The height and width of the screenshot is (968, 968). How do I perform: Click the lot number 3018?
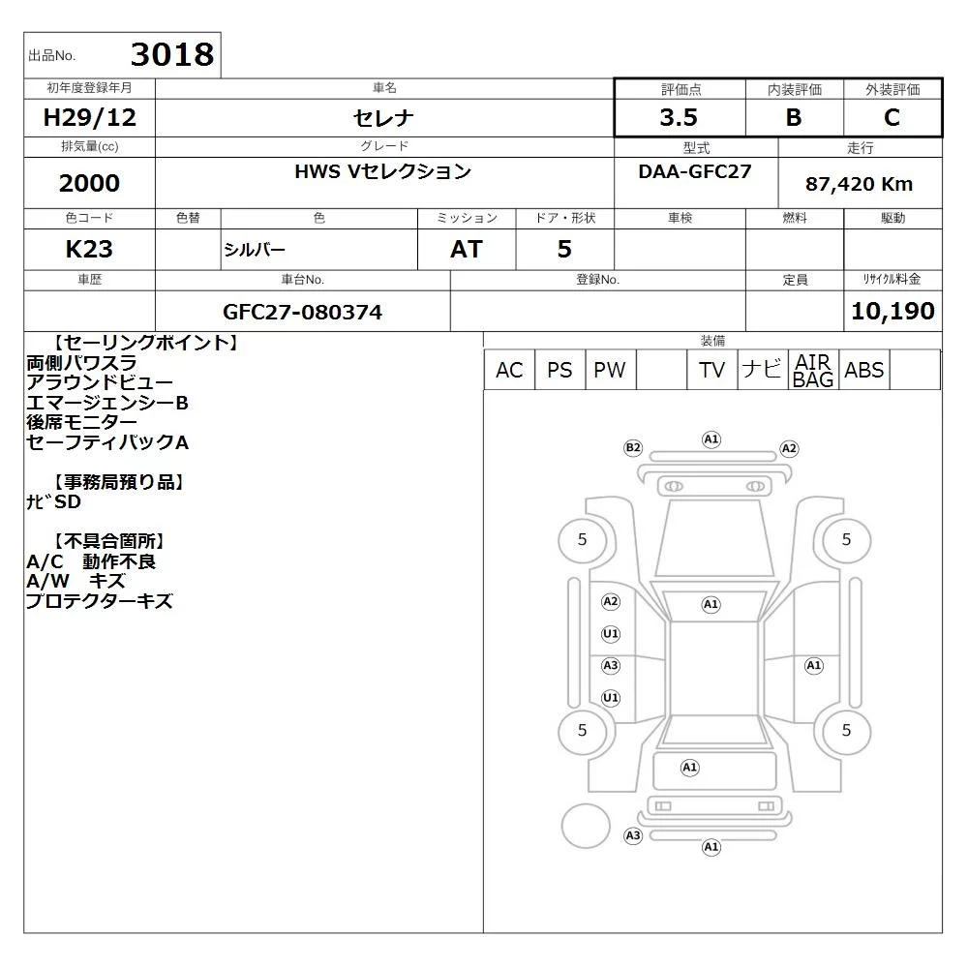pyautogui.click(x=172, y=54)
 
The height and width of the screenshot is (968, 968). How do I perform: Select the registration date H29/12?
pyautogui.click(x=89, y=117)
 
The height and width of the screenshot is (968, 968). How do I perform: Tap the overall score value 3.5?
pyautogui.click(x=679, y=117)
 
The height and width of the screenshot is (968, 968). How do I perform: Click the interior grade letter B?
pyautogui.click(x=794, y=117)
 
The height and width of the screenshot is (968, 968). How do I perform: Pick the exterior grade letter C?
pyautogui.click(x=892, y=117)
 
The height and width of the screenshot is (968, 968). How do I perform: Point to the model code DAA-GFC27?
pyautogui.click(x=695, y=171)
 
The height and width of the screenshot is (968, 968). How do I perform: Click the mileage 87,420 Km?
pyautogui.click(x=859, y=184)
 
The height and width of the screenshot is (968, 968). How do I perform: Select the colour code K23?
pyautogui.click(x=89, y=249)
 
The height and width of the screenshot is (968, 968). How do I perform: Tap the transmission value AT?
pyautogui.click(x=467, y=249)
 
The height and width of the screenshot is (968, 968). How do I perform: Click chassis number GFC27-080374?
pyautogui.click(x=302, y=312)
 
